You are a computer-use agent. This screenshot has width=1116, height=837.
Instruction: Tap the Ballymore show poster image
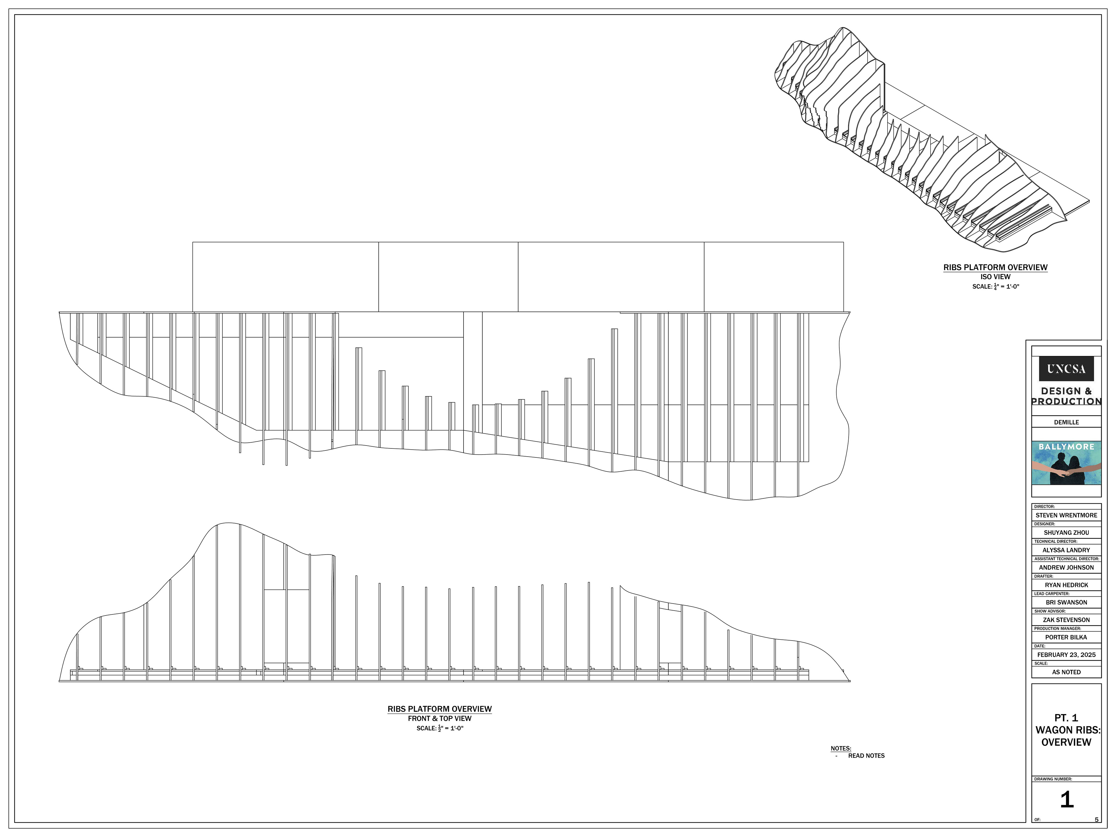click(x=1066, y=463)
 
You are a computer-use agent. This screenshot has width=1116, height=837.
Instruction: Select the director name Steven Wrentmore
click(x=1066, y=515)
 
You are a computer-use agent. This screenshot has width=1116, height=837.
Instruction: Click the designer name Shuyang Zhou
click(x=1066, y=532)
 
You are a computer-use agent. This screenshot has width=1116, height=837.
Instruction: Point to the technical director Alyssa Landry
click(x=1066, y=550)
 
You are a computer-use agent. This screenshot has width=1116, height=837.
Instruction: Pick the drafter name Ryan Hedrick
click(x=1066, y=585)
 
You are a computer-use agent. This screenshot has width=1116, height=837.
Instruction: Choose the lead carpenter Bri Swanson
click(x=1066, y=602)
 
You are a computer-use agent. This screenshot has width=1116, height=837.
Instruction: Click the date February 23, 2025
click(x=1066, y=655)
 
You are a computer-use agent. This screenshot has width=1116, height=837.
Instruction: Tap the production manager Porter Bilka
click(x=1066, y=637)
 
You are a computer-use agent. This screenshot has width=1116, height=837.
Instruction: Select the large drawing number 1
click(x=1066, y=800)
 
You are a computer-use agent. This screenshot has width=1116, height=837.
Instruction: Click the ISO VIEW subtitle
click(x=995, y=276)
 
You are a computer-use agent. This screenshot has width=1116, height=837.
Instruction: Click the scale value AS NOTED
click(x=1066, y=672)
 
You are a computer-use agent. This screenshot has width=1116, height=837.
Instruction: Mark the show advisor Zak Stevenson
click(x=1066, y=620)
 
